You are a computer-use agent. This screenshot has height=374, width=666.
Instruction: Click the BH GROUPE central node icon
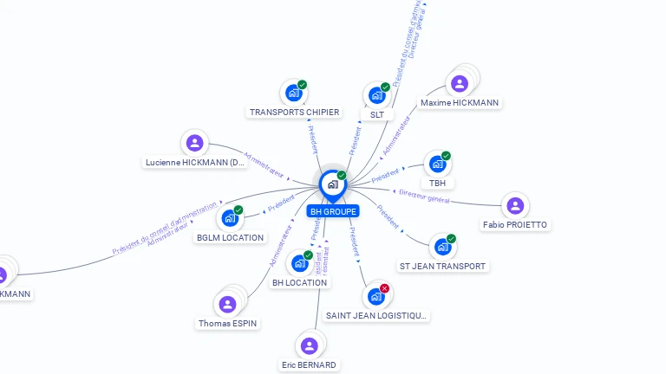(x=332, y=184)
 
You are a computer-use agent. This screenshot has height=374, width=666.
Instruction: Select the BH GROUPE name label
(x=332, y=211)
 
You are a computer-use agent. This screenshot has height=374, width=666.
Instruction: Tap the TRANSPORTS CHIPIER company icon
(x=293, y=92)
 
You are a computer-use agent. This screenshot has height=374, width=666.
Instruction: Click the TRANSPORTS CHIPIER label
(x=294, y=113)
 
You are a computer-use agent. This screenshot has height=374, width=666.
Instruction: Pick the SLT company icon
(x=376, y=94)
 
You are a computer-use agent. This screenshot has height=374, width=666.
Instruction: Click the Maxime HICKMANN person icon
(x=460, y=83)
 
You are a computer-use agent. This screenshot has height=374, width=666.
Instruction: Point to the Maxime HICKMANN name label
(x=460, y=103)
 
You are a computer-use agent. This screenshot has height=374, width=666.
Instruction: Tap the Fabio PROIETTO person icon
(x=515, y=205)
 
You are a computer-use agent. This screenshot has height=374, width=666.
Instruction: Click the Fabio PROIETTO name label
(x=515, y=225)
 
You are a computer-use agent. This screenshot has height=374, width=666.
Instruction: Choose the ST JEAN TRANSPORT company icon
(x=442, y=246)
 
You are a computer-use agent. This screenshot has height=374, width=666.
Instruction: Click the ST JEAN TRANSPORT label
(x=442, y=266)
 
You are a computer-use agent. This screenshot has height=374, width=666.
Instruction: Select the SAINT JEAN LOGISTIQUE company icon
(x=375, y=296)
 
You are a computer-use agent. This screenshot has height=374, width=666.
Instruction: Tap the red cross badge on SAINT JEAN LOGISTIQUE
(x=385, y=288)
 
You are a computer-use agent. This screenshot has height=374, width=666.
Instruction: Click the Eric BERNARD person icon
(x=309, y=345)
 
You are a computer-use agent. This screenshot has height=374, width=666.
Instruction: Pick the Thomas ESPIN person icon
(x=227, y=304)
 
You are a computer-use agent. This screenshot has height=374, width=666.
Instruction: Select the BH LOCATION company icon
(x=300, y=262)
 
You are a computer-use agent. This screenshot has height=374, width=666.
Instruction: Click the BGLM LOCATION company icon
(x=230, y=217)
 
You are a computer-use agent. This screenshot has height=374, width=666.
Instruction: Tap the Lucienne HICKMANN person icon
(x=195, y=143)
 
